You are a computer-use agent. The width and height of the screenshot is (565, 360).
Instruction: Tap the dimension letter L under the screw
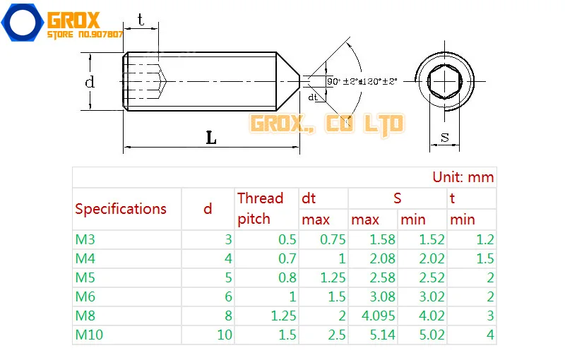[211, 138]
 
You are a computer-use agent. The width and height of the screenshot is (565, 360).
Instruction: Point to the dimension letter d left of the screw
[90, 82]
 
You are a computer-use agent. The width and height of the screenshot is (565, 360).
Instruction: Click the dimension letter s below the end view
[445, 138]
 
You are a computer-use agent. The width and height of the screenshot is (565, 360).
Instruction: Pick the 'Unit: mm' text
[463, 177]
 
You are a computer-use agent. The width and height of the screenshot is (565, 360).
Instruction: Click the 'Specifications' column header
[121, 209]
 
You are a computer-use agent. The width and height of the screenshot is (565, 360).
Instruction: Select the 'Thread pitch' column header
[260, 208]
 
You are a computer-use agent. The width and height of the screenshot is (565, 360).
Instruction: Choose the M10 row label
[90, 335]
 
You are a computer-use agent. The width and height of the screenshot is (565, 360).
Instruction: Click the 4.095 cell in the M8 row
[380, 316]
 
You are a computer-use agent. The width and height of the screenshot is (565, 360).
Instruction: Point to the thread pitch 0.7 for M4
[287, 259]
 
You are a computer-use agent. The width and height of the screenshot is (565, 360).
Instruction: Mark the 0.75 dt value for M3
[333, 240]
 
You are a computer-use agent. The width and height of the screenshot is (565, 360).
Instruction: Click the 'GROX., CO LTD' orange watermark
[327, 124]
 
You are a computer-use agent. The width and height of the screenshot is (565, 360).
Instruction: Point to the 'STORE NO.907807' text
[85, 34]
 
